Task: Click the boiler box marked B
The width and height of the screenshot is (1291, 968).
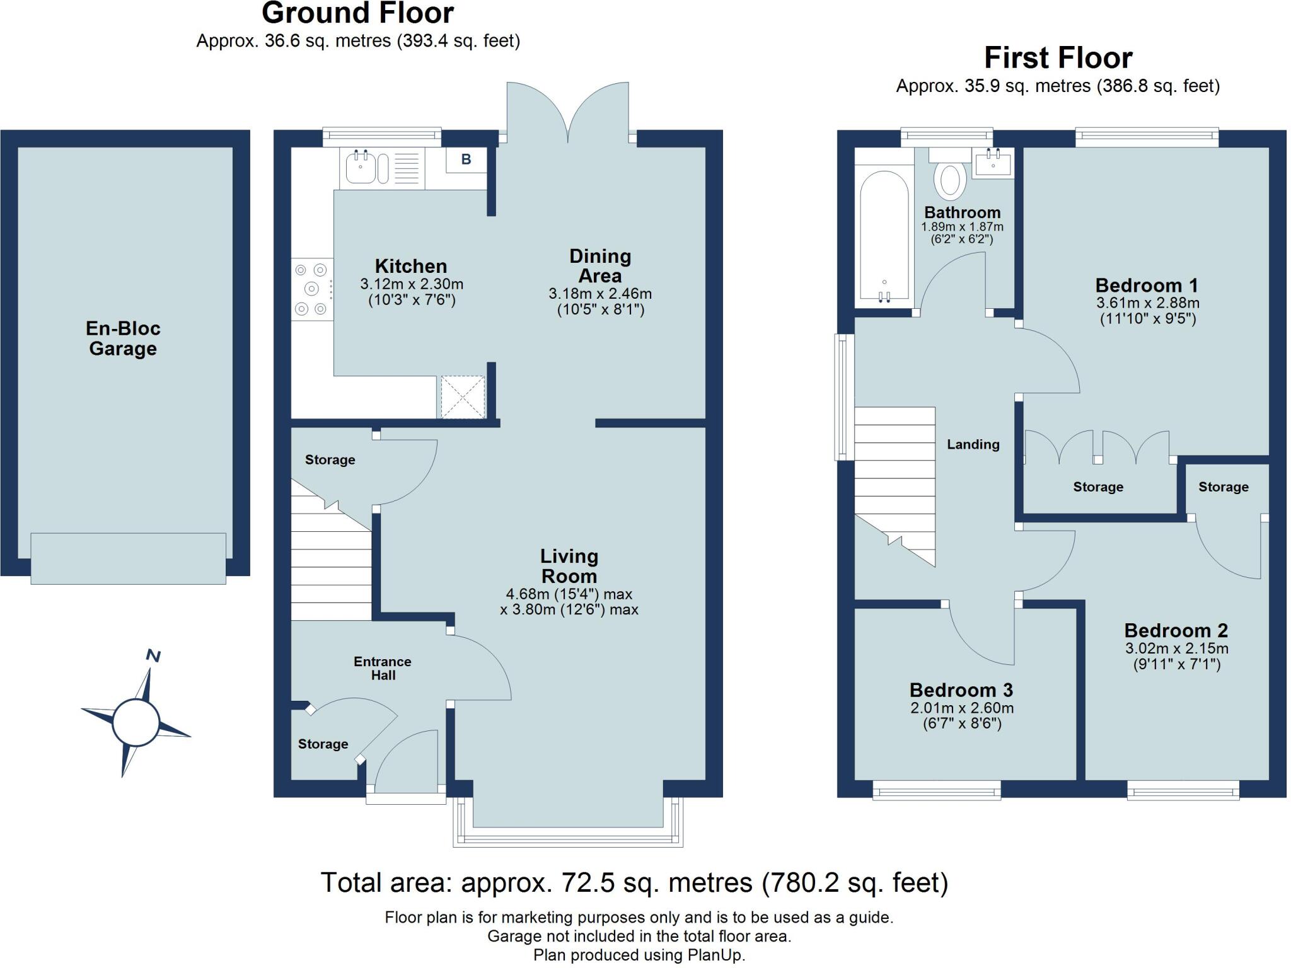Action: pos(466,159)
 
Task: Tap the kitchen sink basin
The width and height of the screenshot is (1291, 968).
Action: pos(360,167)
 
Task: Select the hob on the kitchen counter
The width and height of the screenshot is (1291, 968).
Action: pos(312,289)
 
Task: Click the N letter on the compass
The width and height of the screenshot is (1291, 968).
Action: pos(153,656)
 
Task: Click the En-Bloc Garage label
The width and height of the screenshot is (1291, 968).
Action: pos(123,338)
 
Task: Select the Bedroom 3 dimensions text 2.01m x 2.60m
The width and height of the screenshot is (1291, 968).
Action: pos(962,708)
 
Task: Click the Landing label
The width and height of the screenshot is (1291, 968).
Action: pos(973,444)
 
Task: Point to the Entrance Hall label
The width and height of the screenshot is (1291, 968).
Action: pos(383,668)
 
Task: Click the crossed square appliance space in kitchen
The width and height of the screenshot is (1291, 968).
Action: pos(462,397)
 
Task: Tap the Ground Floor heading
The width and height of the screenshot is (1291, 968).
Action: pos(357,14)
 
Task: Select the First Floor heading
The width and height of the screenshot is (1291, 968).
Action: pos(1058,58)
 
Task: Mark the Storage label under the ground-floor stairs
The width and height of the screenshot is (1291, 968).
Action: pos(330,460)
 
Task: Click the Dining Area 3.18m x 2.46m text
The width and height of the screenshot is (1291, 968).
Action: pos(600,294)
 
